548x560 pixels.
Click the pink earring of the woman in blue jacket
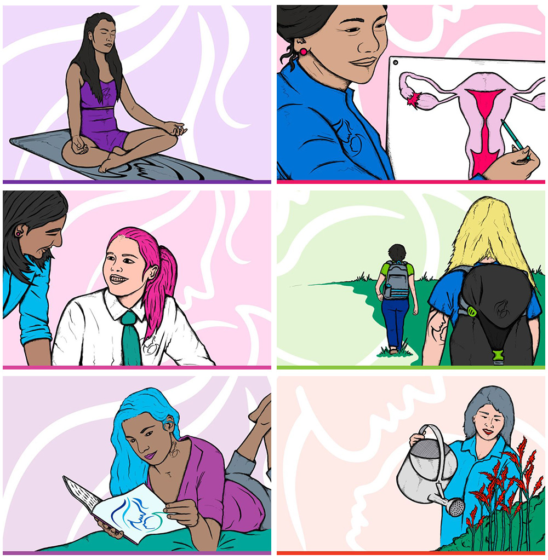click(303, 51)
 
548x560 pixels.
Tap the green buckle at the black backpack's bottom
click(497, 355)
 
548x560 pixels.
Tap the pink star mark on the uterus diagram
click(413, 100)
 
